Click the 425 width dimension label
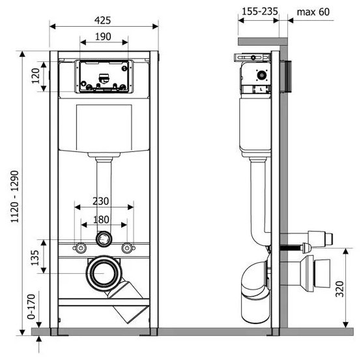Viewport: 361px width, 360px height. [103, 20]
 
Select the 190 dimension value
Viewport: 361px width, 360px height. [103, 37]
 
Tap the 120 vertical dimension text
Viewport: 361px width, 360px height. [36, 76]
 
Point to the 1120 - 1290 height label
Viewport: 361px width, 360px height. [15, 196]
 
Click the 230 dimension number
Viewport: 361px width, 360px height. [101, 202]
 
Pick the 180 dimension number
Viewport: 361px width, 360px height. [101, 220]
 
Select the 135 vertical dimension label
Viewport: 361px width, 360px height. [35, 258]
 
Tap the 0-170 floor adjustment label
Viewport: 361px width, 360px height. [31, 307]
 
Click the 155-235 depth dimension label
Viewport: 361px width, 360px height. [260, 11]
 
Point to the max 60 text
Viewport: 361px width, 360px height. [313, 12]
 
